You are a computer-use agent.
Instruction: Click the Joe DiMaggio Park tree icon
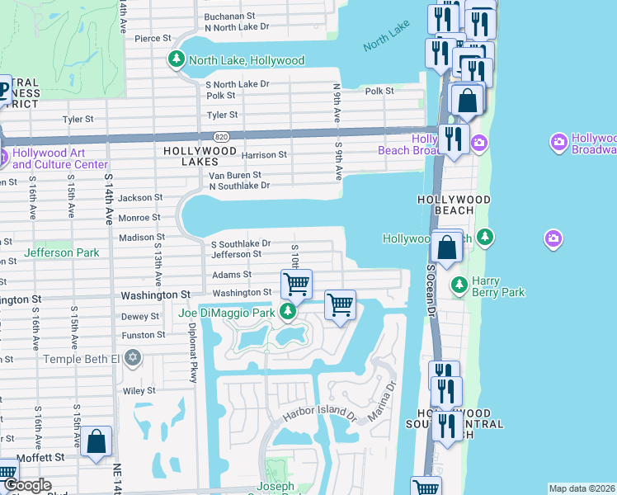(x=288, y=311)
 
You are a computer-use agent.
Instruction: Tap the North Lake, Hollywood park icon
(x=176, y=59)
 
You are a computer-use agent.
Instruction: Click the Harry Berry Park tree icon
(x=459, y=285)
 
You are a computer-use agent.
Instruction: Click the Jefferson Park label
(x=62, y=252)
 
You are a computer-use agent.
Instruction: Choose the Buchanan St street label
(x=230, y=16)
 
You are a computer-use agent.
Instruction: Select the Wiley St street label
(x=139, y=390)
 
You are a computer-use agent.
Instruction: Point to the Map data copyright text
(x=582, y=488)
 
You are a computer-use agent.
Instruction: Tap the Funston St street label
(x=144, y=335)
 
